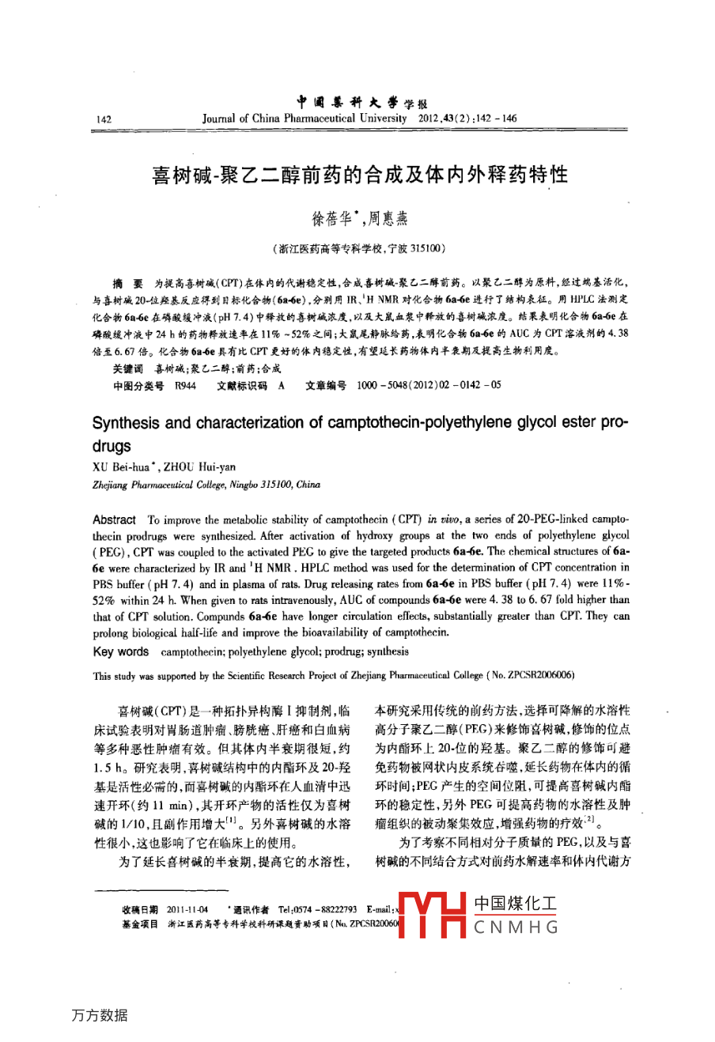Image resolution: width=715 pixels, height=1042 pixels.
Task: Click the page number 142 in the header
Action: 103,119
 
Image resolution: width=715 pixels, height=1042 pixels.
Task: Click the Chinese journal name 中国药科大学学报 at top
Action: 362,102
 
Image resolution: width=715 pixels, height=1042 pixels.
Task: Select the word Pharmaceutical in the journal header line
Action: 319,119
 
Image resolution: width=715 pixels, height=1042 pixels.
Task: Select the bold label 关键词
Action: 127,368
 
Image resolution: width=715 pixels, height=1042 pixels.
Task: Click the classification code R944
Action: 185,385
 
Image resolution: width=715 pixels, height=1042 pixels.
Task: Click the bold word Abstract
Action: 114,519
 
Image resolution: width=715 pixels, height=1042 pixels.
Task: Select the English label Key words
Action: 120,651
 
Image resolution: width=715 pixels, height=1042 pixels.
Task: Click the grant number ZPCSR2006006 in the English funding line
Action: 536,675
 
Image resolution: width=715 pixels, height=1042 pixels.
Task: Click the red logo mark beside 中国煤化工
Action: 432,916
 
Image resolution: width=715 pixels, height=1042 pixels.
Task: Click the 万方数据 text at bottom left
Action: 99,1015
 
